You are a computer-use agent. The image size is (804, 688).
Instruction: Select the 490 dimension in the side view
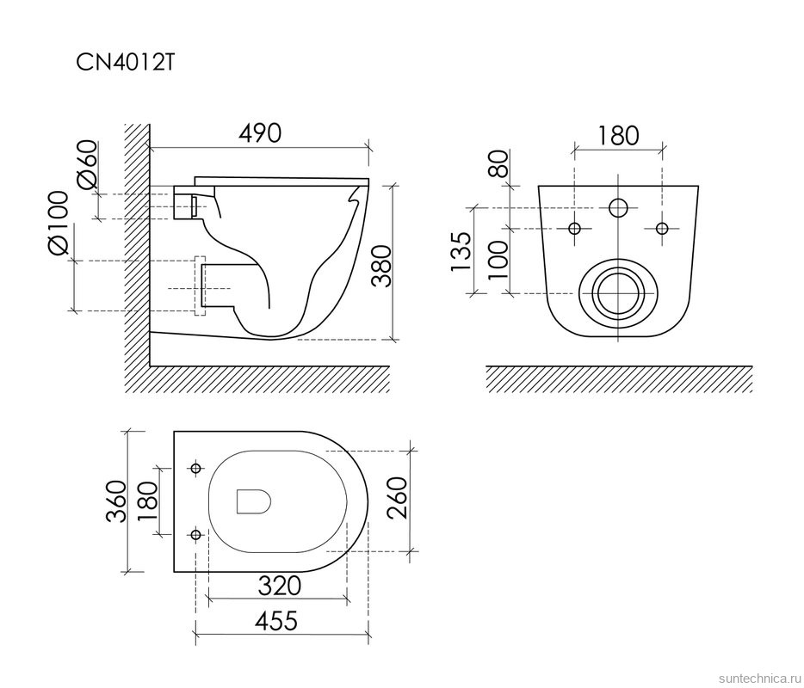click(x=260, y=132)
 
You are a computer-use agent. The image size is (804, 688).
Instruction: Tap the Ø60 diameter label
click(x=87, y=164)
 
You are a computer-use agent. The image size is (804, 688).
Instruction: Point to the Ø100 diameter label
click(x=58, y=223)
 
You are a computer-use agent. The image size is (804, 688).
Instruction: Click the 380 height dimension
click(x=381, y=266)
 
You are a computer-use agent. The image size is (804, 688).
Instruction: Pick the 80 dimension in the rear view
click(x=498, y=163)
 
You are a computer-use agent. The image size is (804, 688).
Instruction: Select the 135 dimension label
click(x=461, y=252)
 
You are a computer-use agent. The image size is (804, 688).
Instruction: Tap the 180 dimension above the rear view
click(x=618, y=135)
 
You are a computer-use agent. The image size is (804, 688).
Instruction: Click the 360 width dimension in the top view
click(x=116, y=501)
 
